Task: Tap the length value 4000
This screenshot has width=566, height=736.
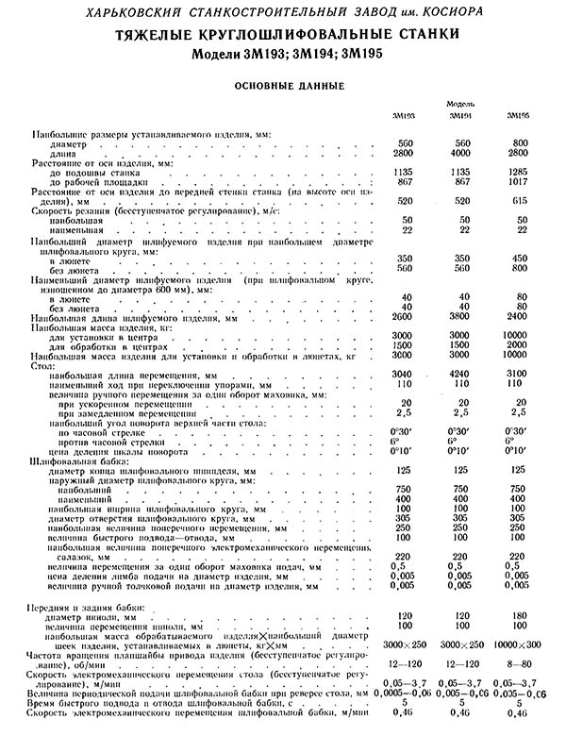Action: coord(460,152)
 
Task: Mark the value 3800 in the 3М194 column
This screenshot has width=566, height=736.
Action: coord(460,318)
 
